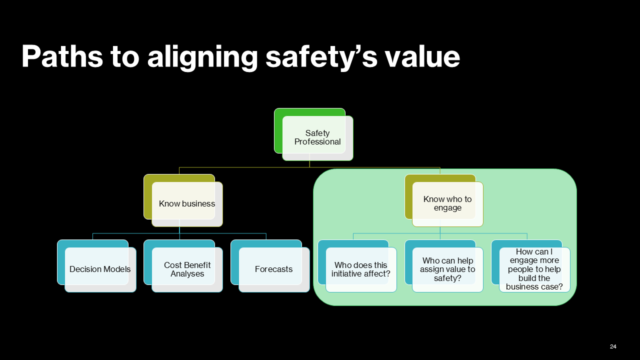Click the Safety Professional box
[x=317, y=137]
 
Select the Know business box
[x=187, y=203]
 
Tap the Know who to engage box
[x=447, y=203]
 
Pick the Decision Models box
[x=100, y=269]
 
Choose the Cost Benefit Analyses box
[x=187, y=269]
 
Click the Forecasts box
[x=273, y=269]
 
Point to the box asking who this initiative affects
[x=360, y=269]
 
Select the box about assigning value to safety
[x=447, y=269]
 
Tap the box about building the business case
[x=534, y=269]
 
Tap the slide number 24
[x=613, y=346]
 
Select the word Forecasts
[x=273, y=269]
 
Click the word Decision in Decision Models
[x=85, y=269]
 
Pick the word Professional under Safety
[x=317, y=142]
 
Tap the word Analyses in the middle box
[x=187, y=274]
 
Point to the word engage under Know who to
[x=447, y=208]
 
